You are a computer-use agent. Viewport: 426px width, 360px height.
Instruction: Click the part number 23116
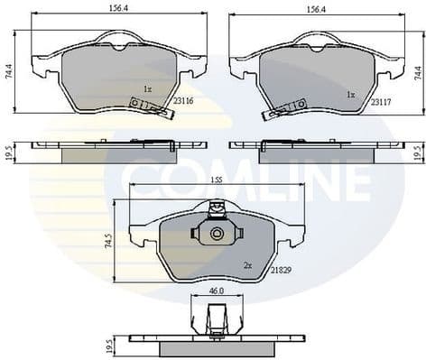pos(184,102)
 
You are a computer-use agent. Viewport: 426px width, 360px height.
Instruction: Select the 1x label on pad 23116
pos(147,88)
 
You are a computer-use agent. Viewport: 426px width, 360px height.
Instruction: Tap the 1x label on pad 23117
pos(350,94)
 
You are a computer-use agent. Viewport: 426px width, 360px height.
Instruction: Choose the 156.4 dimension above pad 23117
pos(315,9)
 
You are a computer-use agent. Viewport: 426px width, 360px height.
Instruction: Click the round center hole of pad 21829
pos(216,235)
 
